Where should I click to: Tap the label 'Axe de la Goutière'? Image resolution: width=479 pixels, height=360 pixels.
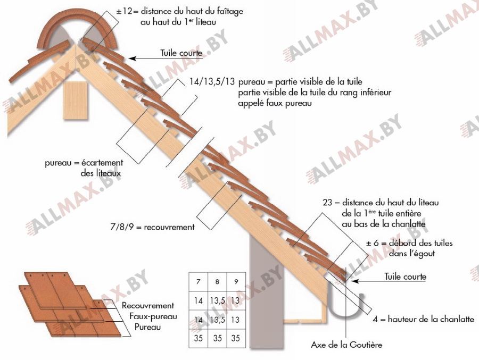click(346, 345)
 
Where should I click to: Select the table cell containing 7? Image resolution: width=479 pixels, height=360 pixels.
click(199, 281)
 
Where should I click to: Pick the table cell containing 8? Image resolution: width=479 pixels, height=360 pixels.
click(217, 281)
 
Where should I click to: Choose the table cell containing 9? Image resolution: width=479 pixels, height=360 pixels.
click(236, 281)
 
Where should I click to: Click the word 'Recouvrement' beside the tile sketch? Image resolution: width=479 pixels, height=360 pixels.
click(148, 305)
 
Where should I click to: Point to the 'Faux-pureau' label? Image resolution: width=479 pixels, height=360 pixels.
click(153, 316)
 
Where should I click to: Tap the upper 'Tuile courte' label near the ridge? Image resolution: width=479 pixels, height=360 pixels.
click(181, 53)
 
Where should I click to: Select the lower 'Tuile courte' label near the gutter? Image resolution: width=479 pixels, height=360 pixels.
click(405, 277)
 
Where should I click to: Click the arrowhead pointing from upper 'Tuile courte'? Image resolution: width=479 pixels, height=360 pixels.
click(132, 58)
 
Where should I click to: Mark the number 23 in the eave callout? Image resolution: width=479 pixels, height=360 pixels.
click(327, 203)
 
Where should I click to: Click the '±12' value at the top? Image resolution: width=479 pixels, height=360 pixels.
click(123, 11)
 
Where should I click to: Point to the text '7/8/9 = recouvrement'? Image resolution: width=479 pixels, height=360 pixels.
click(152, 227)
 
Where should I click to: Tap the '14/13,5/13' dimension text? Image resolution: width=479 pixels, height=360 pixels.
click(212, 81)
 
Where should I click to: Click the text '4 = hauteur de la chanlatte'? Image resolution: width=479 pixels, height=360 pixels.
click(423, 320)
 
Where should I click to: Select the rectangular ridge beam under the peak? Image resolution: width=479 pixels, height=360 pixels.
click(76, 100)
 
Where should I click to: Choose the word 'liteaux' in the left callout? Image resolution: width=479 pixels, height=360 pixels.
click(109, 173)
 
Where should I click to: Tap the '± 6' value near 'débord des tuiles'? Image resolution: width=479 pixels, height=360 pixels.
click(373, 244)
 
